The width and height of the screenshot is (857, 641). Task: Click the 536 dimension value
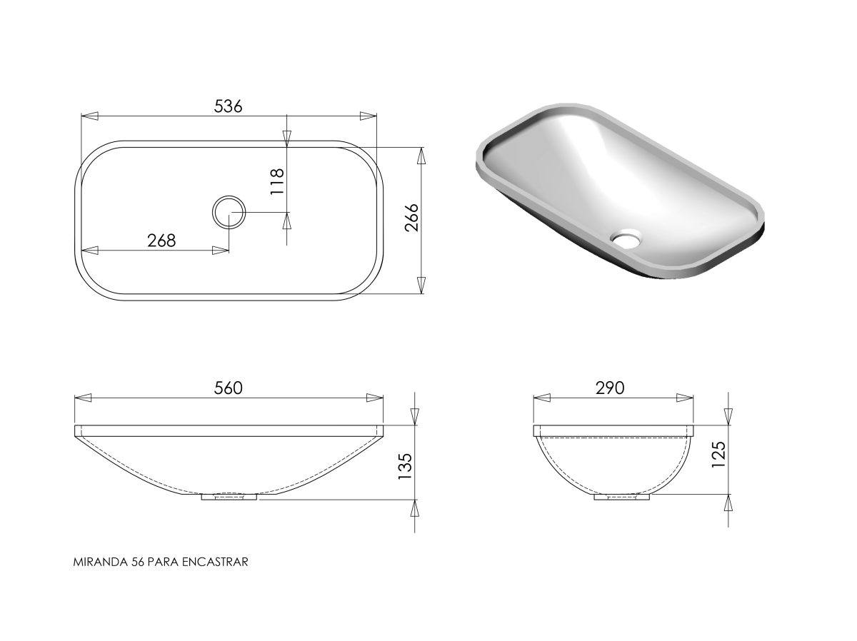pos(228,106)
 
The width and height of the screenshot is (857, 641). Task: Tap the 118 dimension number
pos(277,182)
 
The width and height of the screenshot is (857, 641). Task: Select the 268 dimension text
pos(161,241)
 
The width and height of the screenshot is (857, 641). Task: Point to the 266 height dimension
pos(411,218)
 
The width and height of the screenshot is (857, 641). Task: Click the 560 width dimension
pos(229,388)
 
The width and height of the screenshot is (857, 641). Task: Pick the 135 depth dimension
pos(405,467)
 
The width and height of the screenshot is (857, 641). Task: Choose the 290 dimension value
pos(610,388)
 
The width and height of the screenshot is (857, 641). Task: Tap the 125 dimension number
pos(718,454)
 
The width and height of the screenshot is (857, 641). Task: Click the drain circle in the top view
pos(229,196)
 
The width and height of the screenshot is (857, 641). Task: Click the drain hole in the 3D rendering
pos(626,238)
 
